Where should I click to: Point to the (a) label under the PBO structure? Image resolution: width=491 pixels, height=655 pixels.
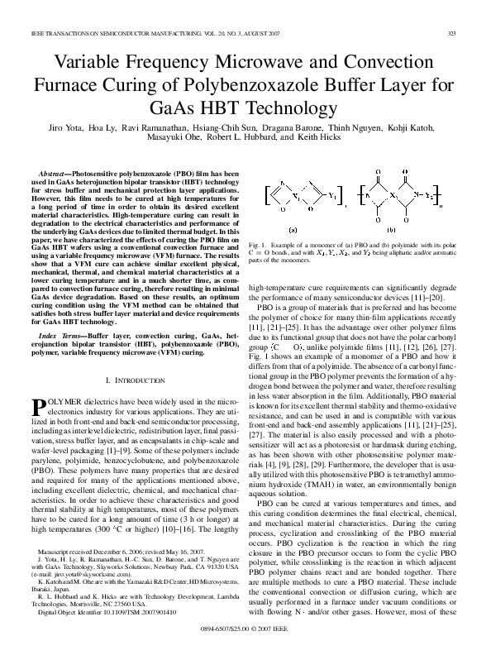292,229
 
